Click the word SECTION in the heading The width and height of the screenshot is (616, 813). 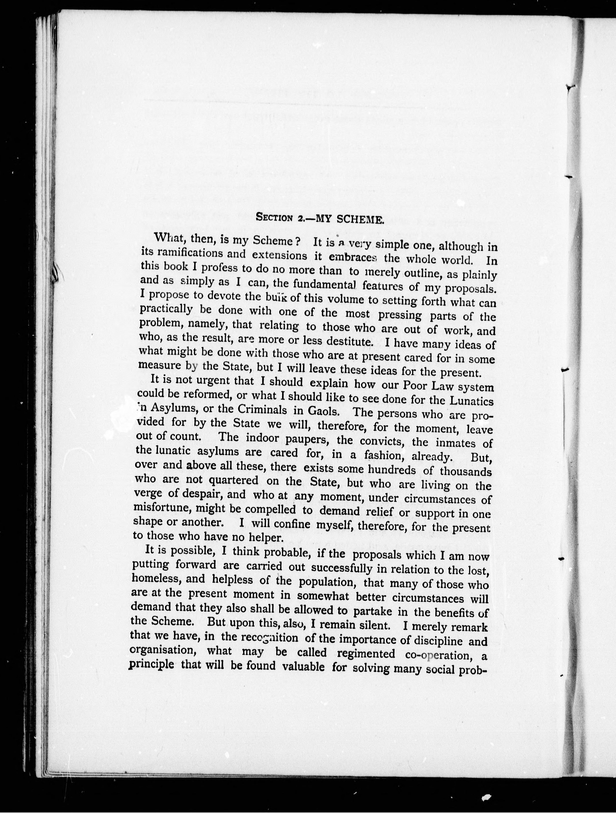[x=274, y=218]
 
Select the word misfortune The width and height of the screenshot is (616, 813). [x=162, y=507]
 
